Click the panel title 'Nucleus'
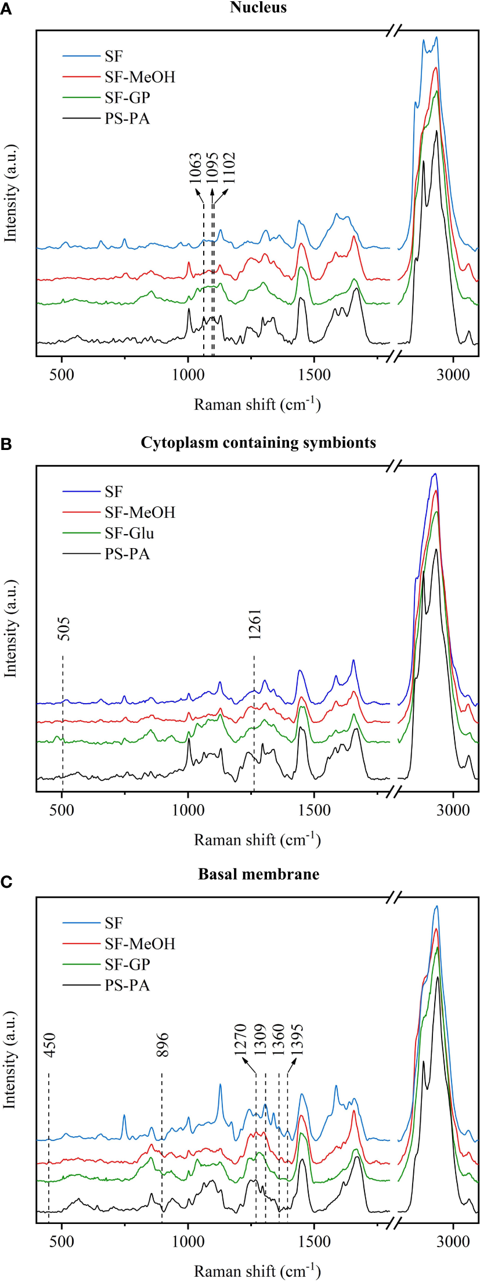[258, 8]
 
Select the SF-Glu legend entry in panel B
[129, 533]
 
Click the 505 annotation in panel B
[64, 629]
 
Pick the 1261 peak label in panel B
[255, 624]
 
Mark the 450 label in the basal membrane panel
[49, 1045]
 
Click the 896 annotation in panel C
[163, 1045]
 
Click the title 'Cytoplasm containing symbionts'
[258, 442]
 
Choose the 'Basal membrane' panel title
[258, 874]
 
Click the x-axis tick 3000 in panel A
[453, 374]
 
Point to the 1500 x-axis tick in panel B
[313, 810]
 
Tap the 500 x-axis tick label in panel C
[62, 1242]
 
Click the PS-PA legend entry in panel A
[127, 118]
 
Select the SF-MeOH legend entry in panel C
[139, 944]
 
